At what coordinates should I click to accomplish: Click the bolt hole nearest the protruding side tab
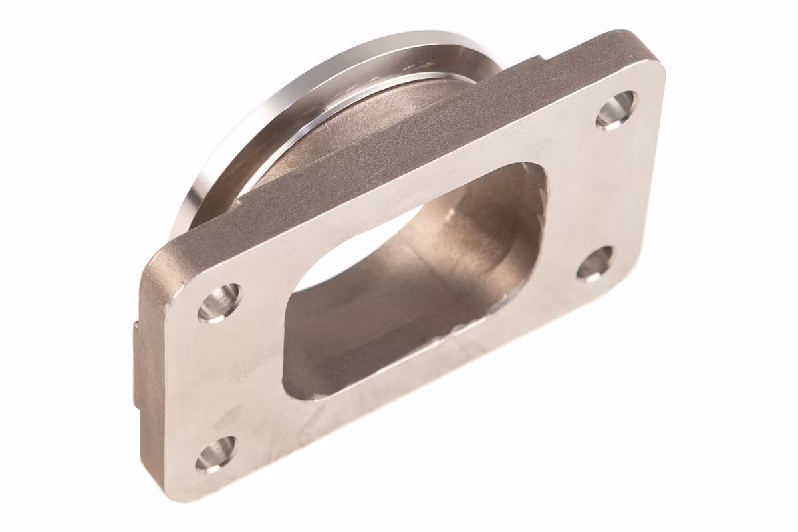pos(219,303)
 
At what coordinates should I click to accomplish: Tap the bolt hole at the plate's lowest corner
pos(216,454)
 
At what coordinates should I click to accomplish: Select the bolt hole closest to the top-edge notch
pos(615,110)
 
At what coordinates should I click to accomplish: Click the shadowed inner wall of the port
pos(399,299)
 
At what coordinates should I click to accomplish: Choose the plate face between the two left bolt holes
pos(219,379)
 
